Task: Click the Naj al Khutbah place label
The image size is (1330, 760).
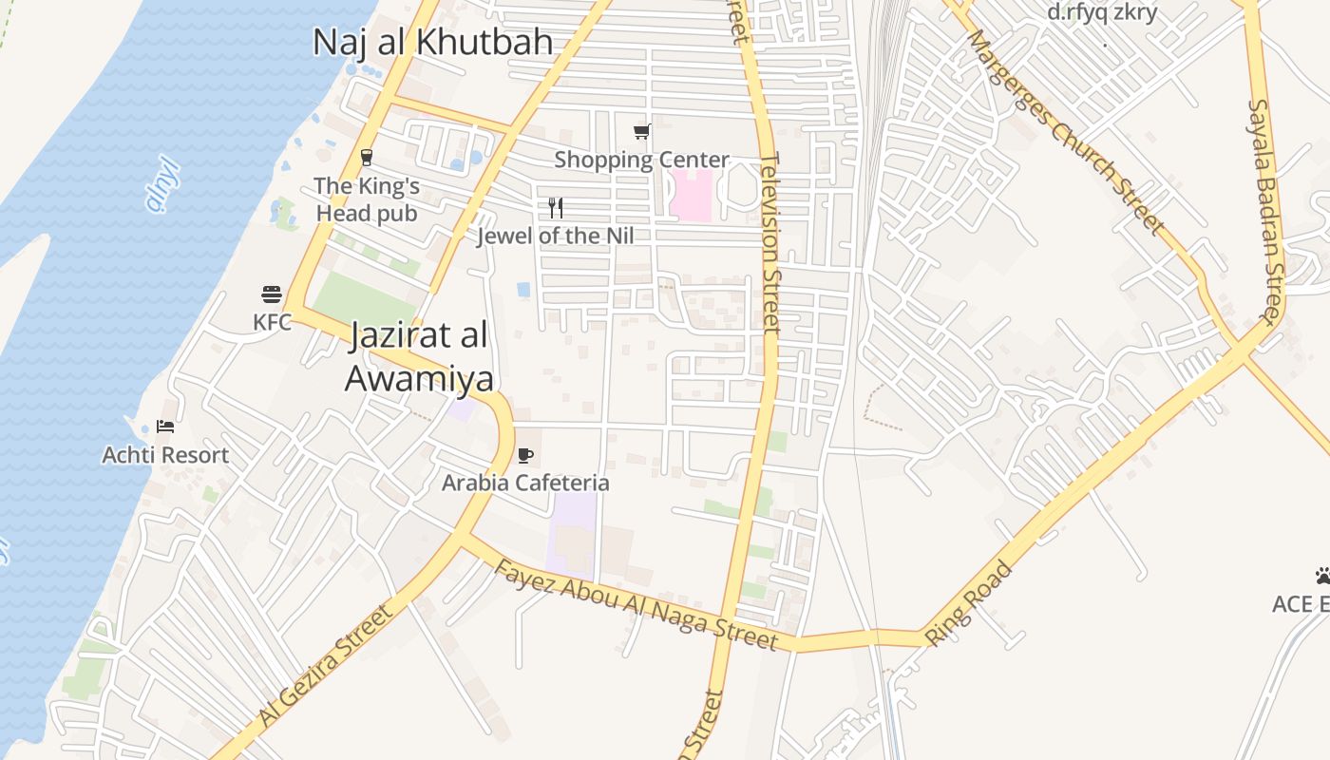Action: tap(433, 42)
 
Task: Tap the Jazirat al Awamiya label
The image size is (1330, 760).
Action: tap(419, 356)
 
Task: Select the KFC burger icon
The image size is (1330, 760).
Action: tap(272, 294)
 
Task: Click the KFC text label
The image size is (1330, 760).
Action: tap(272, 322)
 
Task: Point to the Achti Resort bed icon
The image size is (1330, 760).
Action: tap(165, 427)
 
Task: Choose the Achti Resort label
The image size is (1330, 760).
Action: tap(165, 455)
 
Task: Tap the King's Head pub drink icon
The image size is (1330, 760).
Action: tap(367, 158)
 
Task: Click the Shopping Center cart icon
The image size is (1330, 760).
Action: tap(642, 131)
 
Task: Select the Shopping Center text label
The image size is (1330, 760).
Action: tap(642, 160)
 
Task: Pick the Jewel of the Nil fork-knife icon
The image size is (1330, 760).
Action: tap(556, 208)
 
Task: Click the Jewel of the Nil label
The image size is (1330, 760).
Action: tap(555, 236)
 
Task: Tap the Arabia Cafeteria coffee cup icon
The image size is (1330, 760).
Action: tap(525, 455)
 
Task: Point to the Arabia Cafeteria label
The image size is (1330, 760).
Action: tap(525, 483)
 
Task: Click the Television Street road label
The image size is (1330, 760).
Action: tap(770, 243)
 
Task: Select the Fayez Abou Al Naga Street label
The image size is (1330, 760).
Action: tap(636, 604)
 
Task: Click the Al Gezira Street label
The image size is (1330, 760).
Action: tap(325, 666)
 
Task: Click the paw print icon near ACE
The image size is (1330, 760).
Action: tap(1322, 576)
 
